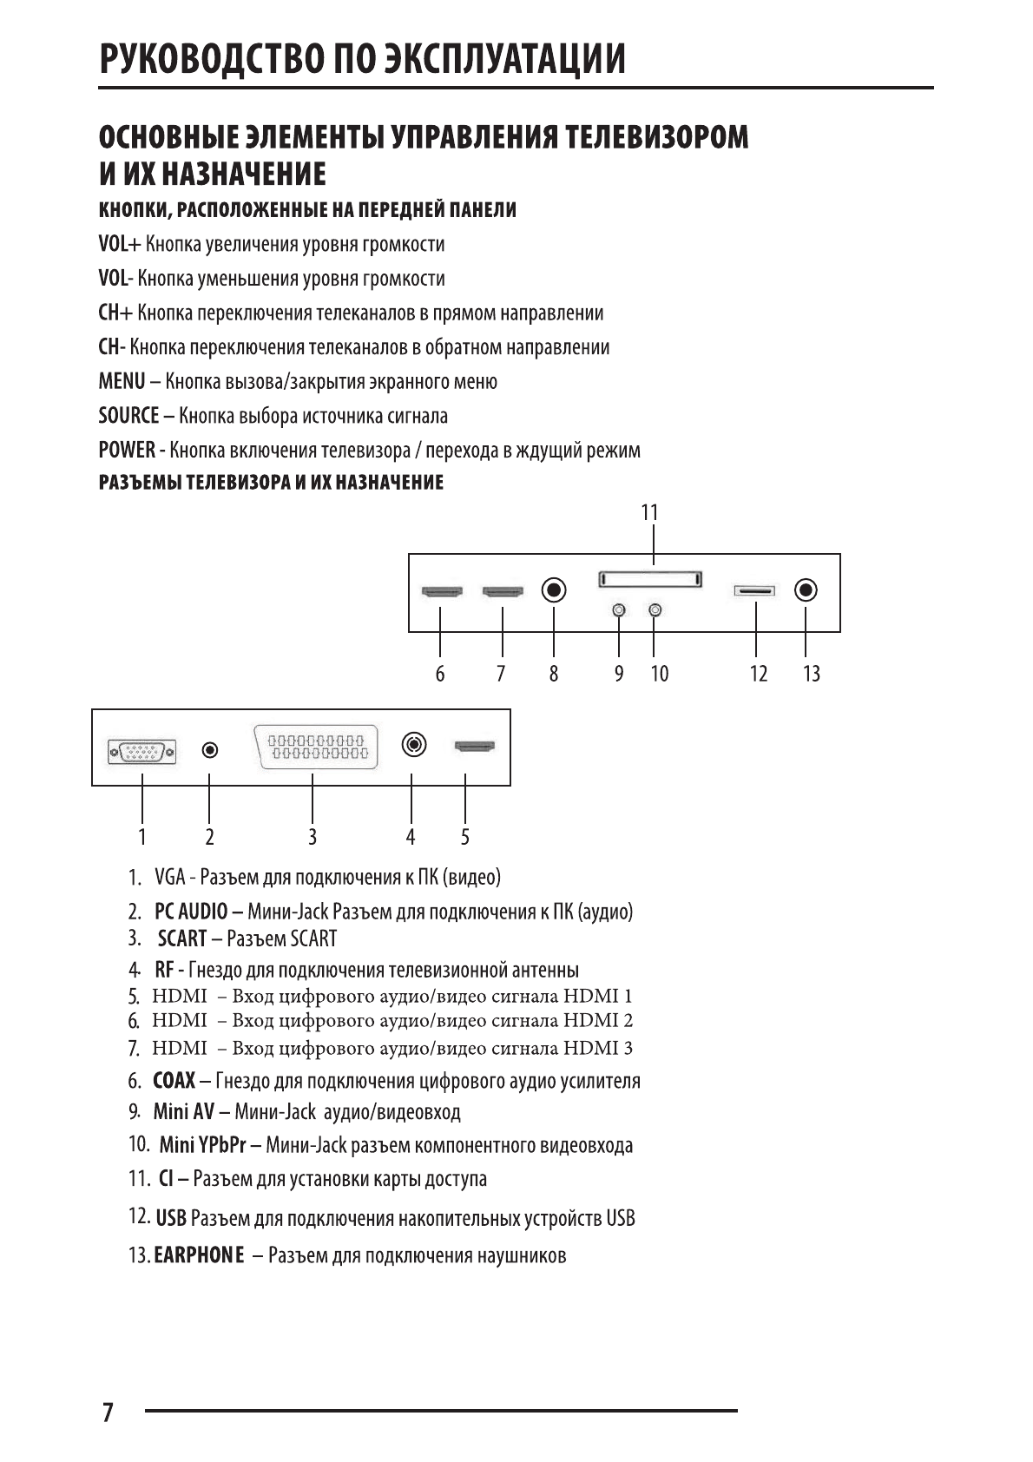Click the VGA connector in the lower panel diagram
(x=142, y=750)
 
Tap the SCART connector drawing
(x=316, y=747)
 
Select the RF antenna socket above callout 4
(x=414, y=745)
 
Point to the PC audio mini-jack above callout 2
(x=210, y=749)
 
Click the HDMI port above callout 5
(x=474, y=746)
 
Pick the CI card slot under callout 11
(x=649, y=579)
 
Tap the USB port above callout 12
(x=754, y=591)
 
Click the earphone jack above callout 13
(x=806, y=590)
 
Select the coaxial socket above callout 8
(x=554, y=590)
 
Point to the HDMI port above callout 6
(x=442, y=592)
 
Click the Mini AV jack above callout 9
(x=618, y=610)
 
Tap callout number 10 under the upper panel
(x=660, y=674)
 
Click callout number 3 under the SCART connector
(x=313, y=837)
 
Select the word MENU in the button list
(x=122, y=382)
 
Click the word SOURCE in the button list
(x=128, y=416)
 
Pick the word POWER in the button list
(x=126, y=451)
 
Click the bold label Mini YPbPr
(x=203, y=1145)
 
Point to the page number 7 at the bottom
(x=107, y=1413)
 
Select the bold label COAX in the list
(x=174, y=1081)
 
